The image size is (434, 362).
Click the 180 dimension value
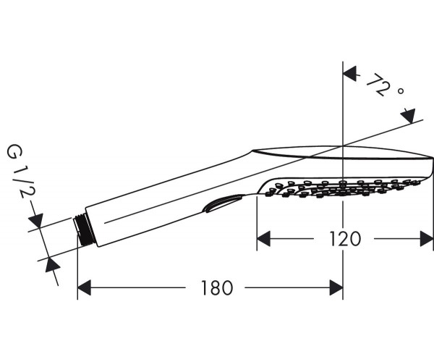point(217,287)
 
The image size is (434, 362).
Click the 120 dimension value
point(345,239)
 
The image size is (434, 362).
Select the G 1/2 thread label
point(21,171)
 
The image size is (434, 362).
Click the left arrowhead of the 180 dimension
point(84,287)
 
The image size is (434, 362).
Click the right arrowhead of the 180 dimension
point(336,287)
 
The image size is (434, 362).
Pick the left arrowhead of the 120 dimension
point(263,238)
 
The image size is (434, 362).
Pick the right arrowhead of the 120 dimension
point(427,238)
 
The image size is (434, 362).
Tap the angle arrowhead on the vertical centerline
point(349,74)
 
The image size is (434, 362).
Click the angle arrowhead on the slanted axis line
point(409,116)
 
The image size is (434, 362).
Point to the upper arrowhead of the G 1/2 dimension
point(36,221)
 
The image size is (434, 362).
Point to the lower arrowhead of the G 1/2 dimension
point(52,264)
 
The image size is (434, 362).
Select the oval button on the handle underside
point(221,203)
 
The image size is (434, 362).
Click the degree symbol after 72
point(400,90)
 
